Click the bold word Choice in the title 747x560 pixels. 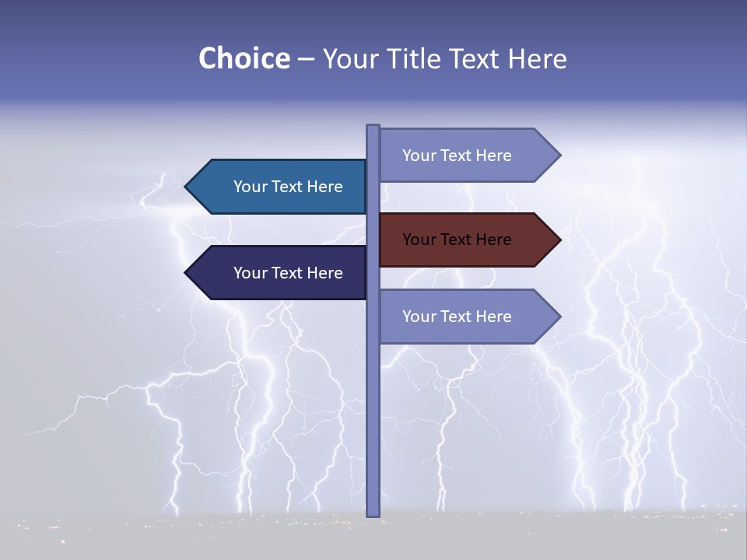(244, 58)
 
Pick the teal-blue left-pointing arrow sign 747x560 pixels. (280, 187)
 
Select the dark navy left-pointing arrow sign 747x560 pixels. (280, 273)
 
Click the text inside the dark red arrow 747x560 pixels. (457, 240)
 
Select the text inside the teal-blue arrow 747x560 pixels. (288, 187)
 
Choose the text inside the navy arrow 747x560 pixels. (288, 273)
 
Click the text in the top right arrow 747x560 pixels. (457, 156)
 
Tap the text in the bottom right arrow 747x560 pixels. (457, 317)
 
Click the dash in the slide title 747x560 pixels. (306, 59)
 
